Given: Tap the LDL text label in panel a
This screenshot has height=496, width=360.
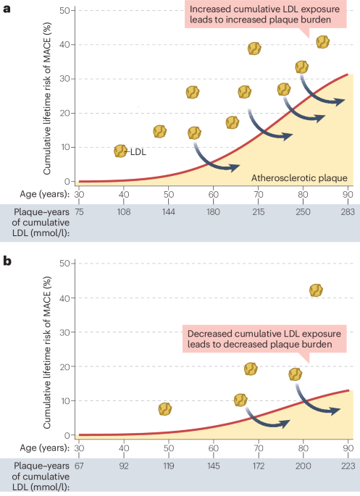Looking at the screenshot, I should (138, 151).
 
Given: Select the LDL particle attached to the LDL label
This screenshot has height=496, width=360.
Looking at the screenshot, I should (121, 151).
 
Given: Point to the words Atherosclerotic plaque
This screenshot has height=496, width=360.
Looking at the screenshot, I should (299, 178).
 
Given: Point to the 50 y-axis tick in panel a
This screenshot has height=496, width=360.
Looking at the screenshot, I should (64, 10).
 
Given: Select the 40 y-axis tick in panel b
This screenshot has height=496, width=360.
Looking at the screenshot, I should (64, 298).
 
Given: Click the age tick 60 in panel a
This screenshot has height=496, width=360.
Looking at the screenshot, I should (213, 194).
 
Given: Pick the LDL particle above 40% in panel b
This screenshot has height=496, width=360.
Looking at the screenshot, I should (316, 290).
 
